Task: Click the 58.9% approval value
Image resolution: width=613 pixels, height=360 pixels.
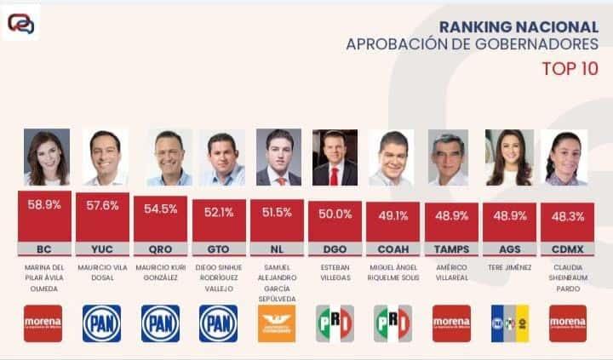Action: [43, 206]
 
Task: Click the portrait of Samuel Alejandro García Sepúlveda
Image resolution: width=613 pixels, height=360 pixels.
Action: [278, 157]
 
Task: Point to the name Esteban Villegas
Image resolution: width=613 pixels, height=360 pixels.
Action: [335, 272]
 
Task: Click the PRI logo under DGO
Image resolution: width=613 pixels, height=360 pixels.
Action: [335, 323]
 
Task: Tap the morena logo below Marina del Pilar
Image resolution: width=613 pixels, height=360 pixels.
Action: [43, 323]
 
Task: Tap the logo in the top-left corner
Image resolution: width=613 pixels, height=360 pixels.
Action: [21, 23]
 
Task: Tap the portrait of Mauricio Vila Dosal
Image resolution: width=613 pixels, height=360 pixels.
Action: [104, 157]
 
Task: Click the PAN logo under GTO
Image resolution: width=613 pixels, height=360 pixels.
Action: [218, 323]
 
